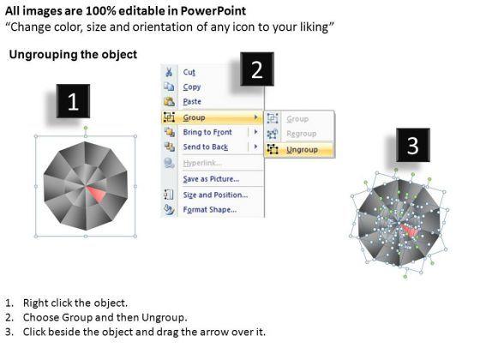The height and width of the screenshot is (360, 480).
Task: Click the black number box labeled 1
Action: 73,101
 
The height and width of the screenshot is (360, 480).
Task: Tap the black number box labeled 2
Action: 257,69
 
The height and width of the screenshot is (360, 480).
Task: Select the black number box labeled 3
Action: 413,145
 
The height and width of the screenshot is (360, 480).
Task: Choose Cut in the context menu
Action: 189,72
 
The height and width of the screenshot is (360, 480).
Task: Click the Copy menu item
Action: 192,87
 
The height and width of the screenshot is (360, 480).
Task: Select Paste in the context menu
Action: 192,101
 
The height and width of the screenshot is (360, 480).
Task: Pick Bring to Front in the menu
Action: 207,132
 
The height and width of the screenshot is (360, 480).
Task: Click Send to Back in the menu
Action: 206,147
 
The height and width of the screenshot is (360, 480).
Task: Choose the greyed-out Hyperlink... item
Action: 202,163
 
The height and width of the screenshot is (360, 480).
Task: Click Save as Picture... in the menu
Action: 211,179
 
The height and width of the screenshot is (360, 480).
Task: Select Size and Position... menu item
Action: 215,195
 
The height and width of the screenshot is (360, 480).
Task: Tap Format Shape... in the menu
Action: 210,210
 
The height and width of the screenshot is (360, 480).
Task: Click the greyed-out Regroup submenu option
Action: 302,134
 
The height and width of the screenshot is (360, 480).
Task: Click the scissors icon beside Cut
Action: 169,72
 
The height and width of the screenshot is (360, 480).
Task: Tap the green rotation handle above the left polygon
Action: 86,128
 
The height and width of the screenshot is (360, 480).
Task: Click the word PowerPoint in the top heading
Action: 213,11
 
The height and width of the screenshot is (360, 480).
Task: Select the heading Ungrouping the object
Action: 73,55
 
